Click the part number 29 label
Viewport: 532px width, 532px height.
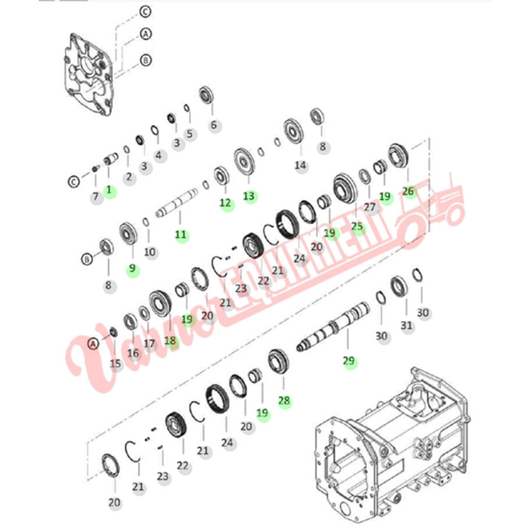pyautogui.click(x=349, y=360)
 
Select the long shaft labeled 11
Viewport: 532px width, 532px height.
pyautogui.click(x=177, y=202)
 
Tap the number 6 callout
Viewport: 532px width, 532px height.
pyautogui.click(x=213, y=125)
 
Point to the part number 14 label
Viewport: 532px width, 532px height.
pyautogui.click(x=300, y=166)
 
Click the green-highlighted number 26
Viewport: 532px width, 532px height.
pyautogui.click(x=408, y=192)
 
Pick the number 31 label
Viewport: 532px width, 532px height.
pyautogui.click(x=406, y=326)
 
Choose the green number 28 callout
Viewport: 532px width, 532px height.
pyautogui.click(x=284, y=401)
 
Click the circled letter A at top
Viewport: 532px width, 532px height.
pyautogui.click(x=146, y=34)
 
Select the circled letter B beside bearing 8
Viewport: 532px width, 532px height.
pyautogui.click(x=87, y=260)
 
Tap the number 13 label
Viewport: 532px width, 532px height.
pyautogui.click(x=249, y=196)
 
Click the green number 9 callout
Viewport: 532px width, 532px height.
pyautogui.click(x=132, y=269)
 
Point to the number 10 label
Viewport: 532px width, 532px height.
pyautogui.click(x=150, y=252)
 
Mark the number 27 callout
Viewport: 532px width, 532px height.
pyautogui.click(x=369, y=207)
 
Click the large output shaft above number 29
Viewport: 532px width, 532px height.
pyautogui.click(x=333, y=326)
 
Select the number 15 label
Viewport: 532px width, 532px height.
pyautogui.click(x=115, y=364)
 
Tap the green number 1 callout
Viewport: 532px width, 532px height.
pyautogui.click(x=109, y=190)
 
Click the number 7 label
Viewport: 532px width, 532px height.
pyautogui.click(x=95, y=197)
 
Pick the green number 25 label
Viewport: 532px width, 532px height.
pyautogui.click(x=357, y=226)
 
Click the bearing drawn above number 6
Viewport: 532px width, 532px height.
pyautogui.click(x=206, y=95)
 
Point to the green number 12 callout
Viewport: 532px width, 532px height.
pyautogui.click(x=225, y=203)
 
